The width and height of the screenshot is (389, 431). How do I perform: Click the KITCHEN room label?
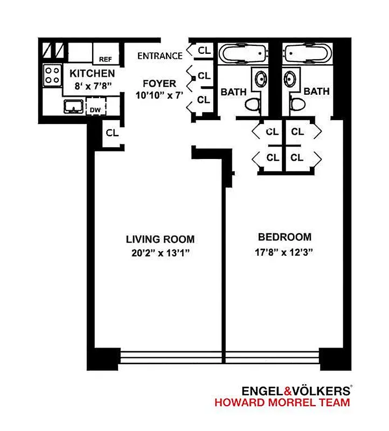click(x=91, y=73)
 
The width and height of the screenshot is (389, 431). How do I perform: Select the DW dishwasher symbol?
click(x=95, y=110)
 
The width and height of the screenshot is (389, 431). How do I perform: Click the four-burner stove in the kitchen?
click(x=52, y=74)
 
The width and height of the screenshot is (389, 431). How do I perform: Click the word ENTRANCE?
click(x=160, y=55)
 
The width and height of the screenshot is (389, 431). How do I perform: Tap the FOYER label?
click(x=159, y=84)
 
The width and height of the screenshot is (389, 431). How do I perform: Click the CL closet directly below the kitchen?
click(x=112, y=133)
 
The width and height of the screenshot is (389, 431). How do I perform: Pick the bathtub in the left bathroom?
click(x=243, y=54)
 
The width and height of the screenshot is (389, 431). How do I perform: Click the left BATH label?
click(x=233, y=92)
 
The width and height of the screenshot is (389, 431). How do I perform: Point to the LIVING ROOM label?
click(x=160, y=239)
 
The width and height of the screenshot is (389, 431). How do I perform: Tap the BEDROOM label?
click(x=284, y=237)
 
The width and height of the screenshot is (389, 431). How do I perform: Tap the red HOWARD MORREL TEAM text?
click(x=282, y=402)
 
